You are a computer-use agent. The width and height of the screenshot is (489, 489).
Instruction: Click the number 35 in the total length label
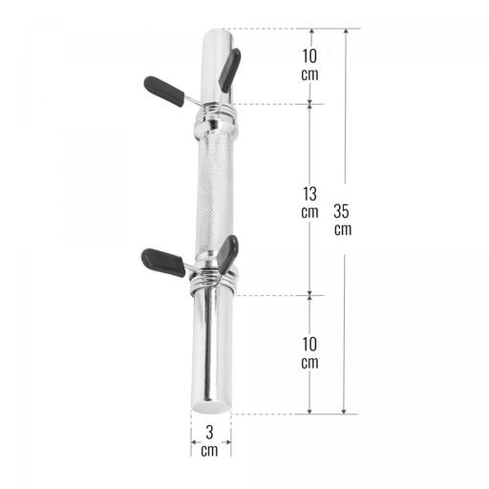tap(341, 212)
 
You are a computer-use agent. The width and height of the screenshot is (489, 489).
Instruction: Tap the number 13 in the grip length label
tap(309, 194)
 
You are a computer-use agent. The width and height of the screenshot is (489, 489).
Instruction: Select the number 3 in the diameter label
tap(209, 433)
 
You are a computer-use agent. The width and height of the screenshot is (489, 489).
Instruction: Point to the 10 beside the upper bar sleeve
tap(309, 56)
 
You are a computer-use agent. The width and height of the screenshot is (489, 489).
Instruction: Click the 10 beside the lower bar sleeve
tap(309, 345)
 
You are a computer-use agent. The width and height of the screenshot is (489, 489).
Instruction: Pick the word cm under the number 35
tap(343, 230)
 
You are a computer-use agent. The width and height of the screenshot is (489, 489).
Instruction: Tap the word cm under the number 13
tap(309, 212)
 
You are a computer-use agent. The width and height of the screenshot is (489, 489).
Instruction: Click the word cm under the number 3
tap(209, 451)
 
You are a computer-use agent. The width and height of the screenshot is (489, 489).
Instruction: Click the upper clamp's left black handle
tap(164, 92)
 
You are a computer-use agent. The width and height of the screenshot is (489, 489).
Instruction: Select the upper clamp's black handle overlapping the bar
tap(229, 70)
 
